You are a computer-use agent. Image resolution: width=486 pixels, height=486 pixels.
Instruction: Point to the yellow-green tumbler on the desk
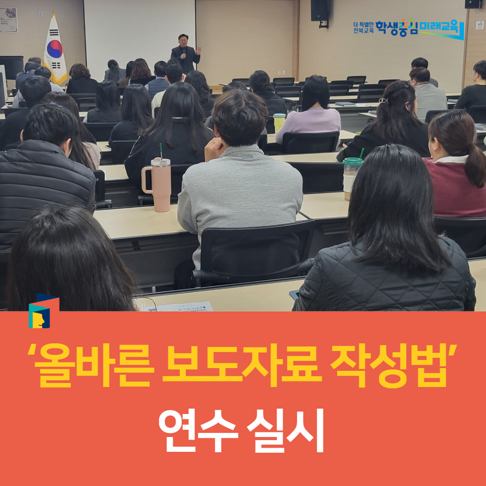coord(279,122)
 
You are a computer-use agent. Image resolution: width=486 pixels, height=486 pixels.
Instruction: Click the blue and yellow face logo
coord(41,311)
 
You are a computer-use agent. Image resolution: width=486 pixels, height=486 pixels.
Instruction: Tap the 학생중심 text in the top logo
coord(397,28)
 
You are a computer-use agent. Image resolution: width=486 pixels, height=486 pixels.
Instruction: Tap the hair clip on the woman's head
coord(382,100)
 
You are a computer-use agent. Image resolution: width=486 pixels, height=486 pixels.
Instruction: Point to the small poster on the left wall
coord(9,19)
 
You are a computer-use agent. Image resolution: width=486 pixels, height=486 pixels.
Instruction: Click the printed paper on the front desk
coord(185,307)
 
